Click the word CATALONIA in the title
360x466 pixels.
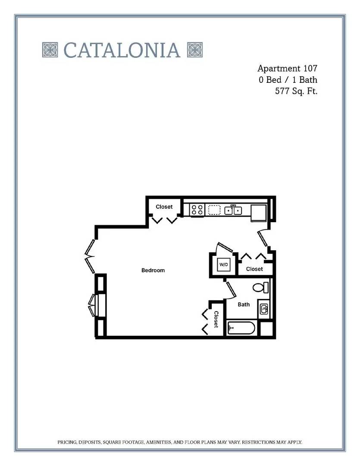(122, 50)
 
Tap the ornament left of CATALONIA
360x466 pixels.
(50, 50)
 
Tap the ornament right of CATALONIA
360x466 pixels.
(195, 50)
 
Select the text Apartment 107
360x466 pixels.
(287, 68)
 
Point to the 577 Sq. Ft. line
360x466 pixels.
(296, 91)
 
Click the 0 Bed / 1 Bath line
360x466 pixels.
(288, 80)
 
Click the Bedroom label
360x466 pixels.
(153, 270)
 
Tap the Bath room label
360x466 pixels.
(244, 304)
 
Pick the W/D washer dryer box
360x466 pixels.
(224, 264)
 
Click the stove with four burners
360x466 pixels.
(197, 210)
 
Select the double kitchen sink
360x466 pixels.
(233, 210)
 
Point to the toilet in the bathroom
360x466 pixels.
(260, 287)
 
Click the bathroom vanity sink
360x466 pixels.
(264, 309)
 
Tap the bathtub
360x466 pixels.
(241, 328)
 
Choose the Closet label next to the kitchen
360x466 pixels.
(164, 207)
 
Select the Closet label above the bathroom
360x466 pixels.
(254, 269)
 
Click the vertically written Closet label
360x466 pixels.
(216, 319)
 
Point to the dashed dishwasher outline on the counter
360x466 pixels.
(214, 210)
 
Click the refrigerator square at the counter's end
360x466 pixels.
(259, 212)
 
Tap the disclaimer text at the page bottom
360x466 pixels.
(180, 442)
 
